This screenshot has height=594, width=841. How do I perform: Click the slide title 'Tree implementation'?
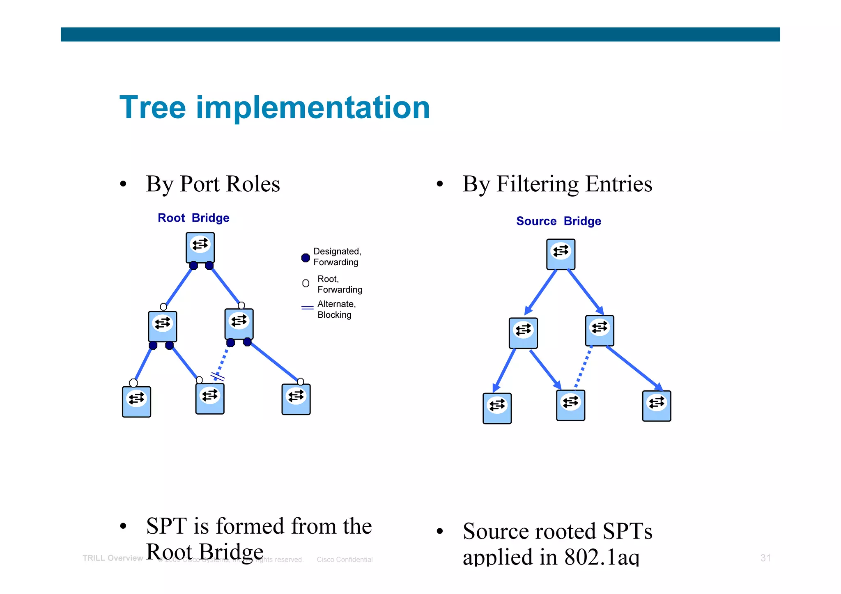coord(274,108)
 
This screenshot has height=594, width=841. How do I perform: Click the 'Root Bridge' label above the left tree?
coord(193,218)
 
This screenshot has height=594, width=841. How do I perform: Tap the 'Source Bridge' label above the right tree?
coord(558,221)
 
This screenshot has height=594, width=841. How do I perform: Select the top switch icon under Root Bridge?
coord(200,248)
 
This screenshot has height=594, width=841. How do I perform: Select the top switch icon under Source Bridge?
coord(561,254)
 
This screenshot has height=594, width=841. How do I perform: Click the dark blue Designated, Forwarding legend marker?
coord(306,258)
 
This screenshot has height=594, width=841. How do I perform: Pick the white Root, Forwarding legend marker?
coord(306,283)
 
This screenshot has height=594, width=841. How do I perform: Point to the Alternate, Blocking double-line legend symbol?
coord(307,307)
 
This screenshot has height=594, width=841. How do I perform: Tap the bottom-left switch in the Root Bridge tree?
coord(136,401)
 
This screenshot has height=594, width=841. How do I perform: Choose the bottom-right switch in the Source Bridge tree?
coord(656,406)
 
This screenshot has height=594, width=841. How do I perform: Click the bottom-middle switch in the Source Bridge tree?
coord(570,405)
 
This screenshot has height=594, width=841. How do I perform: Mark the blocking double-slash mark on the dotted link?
coord(218,376)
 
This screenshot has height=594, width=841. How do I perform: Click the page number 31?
coord(765,558)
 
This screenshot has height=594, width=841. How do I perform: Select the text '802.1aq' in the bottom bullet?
coord(602,557)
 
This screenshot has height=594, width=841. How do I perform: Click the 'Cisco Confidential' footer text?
coord(345,560)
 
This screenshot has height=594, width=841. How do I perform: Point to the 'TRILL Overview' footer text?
coord(113,558)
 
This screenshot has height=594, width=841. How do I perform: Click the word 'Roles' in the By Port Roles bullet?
coord(253,184)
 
